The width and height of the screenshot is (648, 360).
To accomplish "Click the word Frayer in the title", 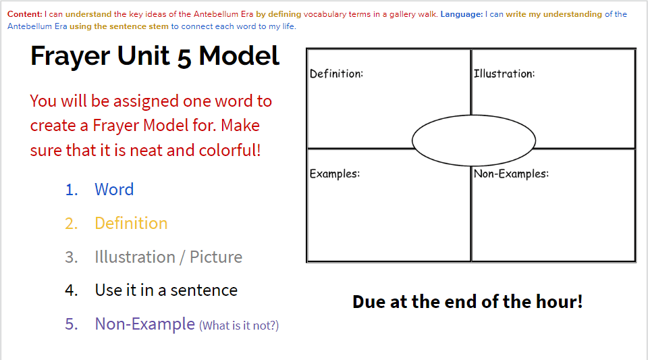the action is pyautogui.click(x=71, y=56).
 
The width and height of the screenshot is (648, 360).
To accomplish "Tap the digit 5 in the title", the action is pyautogui.click(x=184, y=58).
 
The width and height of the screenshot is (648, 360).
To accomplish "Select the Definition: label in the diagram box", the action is pyautogui.click(x=336, y=74).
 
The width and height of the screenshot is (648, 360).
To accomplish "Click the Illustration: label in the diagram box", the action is pyautogui.click(x=504, y=74).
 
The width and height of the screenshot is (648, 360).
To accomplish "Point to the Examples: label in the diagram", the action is pyautogui.click(x=335, y=174).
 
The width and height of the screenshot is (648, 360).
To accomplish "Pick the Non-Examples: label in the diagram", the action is pyautogui.click(x=511, y=174).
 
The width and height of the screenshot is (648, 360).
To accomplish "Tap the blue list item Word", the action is pyautogui.click(x=114, y=189).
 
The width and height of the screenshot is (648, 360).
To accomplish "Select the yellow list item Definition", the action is pyautogui.click(x=131, y=223).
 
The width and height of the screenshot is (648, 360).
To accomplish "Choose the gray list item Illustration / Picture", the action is pyautogui.click(x=168, y=257).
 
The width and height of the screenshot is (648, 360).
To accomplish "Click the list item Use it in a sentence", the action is pyautogui.click(x=166, y=290).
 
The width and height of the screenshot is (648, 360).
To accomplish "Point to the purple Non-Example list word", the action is pyautogui.click(x=144, y=324).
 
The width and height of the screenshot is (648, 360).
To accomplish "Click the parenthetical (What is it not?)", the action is pyautogui.click(x=239, y=326).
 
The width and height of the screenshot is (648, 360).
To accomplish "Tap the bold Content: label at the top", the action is pyautogui.click(x=25, y=14).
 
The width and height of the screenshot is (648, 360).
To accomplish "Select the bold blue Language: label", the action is pyautogui.click(x=462, y=14).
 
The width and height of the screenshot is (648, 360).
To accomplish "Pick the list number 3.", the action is pyautogui.click(x=71, y=257).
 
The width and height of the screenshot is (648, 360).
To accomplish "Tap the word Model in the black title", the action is pyautogui.click(x=239, y=56).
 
